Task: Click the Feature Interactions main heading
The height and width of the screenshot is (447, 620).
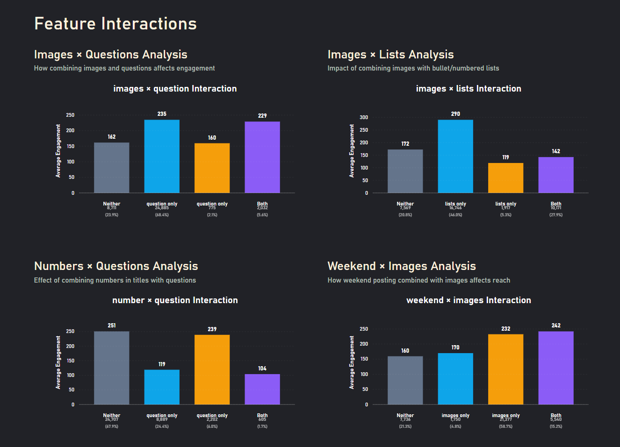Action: point(115,24)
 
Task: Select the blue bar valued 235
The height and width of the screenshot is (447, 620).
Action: point(162,156)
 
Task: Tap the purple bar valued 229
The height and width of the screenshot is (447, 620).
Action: point(262,157)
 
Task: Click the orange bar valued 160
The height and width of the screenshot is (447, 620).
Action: point(212,168)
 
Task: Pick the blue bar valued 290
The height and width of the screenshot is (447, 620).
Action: point(455,156)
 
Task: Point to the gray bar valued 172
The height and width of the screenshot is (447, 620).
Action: point(405,171)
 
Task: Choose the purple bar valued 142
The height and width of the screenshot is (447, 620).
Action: point(556,175)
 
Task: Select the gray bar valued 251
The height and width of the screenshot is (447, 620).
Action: point(112,368)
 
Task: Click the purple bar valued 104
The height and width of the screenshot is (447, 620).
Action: point(262,389)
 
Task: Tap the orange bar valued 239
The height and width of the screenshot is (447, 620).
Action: point(212,369)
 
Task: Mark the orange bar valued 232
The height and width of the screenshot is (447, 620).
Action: point(505,369)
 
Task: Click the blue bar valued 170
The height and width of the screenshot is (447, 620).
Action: point(455,378)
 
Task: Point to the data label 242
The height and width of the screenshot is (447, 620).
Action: point(556,326)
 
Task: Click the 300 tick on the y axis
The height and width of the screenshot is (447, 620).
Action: point(364,117)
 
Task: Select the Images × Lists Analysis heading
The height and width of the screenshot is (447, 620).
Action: point(390,55)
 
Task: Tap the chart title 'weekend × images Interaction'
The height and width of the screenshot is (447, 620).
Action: point(469,300)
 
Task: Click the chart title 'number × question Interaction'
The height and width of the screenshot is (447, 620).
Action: point(175,300)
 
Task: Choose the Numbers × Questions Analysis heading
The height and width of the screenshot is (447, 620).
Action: point(116,266)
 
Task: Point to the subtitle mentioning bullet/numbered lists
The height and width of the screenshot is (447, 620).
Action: point(413,68)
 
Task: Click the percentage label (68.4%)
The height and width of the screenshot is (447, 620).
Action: point(162,215)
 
